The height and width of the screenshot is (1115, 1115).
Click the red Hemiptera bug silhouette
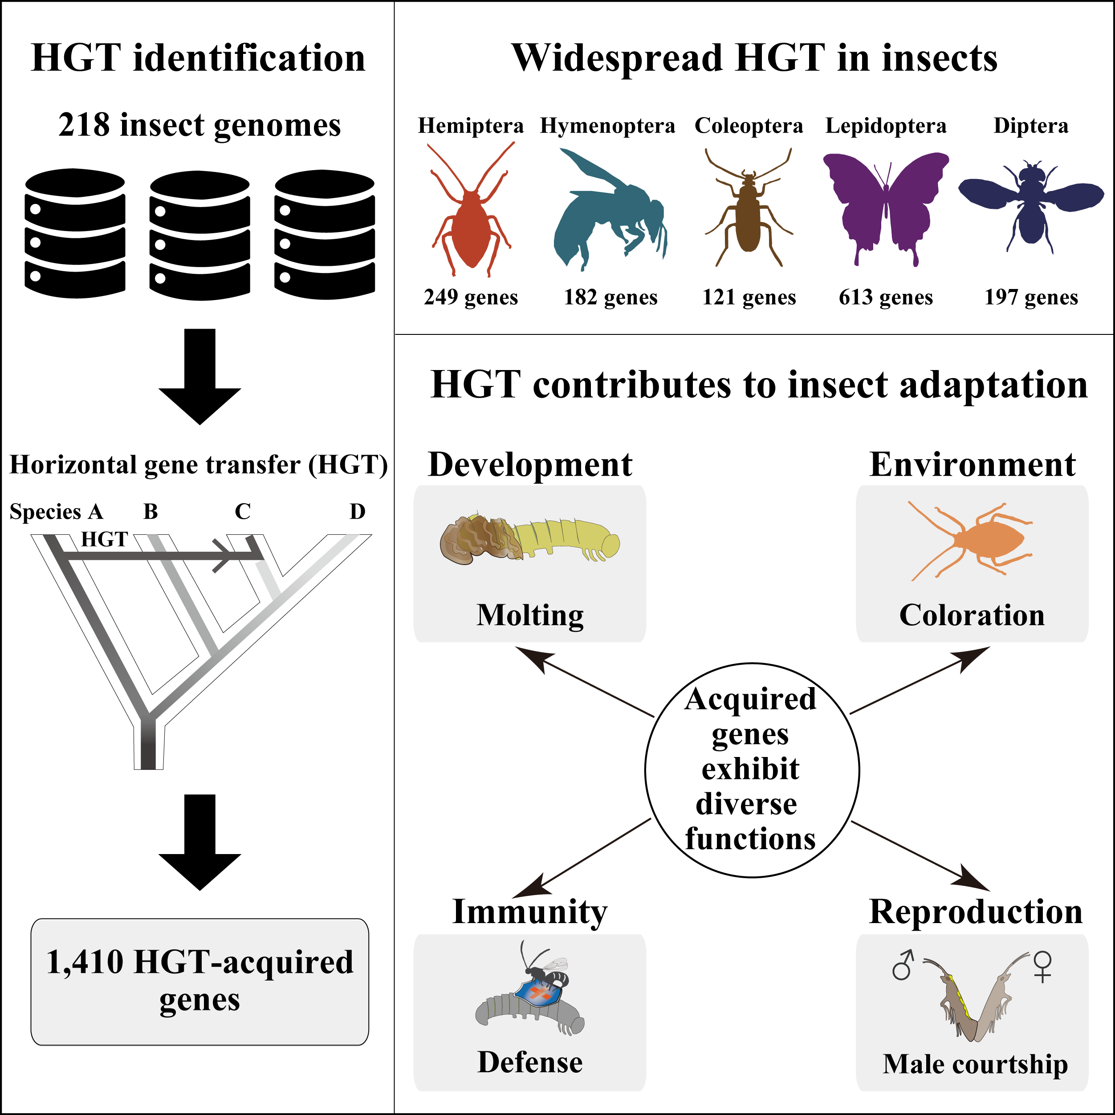(472, 231)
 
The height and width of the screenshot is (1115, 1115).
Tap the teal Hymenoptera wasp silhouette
(609, 214)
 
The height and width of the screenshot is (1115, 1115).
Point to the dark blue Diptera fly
(1031, 202)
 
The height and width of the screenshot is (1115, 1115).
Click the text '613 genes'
(886, 297)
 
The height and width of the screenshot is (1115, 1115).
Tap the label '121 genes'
(749, 297)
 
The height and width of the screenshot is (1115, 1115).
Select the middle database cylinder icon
(199, 236)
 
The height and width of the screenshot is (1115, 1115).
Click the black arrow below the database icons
(199, 376)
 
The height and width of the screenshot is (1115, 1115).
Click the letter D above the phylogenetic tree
(358, 511)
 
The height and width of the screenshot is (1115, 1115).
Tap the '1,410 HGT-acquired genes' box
(199, 982)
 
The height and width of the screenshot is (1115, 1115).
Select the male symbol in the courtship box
(903, 964)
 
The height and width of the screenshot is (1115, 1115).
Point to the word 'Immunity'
(530, 912)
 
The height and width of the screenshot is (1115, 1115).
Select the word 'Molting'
(530, 615)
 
